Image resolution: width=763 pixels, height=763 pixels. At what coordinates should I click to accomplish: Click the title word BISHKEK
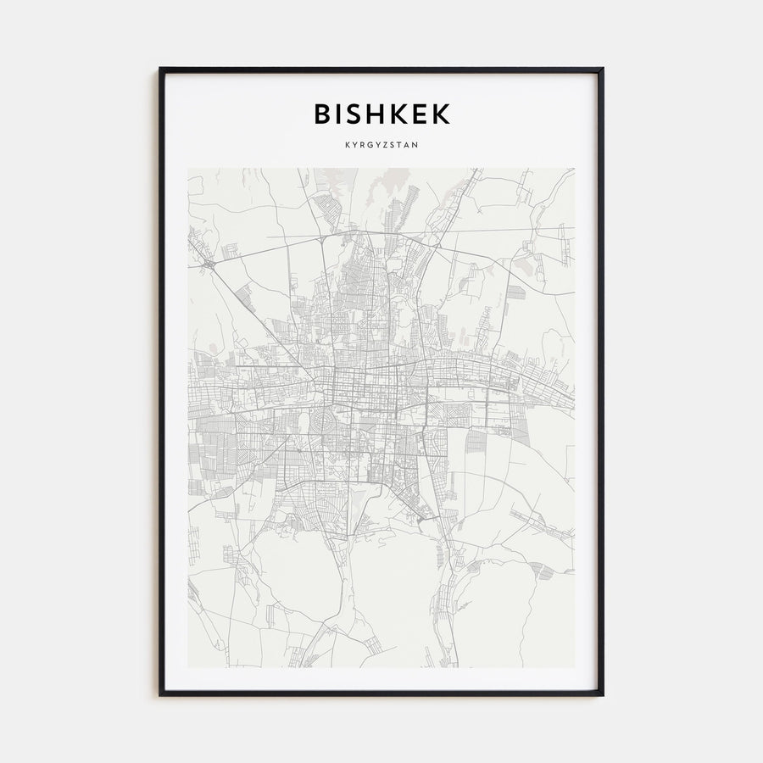381,114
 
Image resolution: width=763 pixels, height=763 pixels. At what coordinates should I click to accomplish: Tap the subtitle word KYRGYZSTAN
381,145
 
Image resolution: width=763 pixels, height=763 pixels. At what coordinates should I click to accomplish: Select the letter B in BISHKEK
324,114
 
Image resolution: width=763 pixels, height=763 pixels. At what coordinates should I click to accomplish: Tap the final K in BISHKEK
443,114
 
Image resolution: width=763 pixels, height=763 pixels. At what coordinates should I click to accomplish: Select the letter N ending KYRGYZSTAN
415,145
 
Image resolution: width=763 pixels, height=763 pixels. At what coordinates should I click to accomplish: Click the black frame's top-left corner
160,69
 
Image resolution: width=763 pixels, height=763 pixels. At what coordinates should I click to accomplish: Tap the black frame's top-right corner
602,69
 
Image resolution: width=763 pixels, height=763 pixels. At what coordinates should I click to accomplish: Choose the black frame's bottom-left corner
160,694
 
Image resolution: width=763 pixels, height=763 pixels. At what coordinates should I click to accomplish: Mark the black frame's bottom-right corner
602,694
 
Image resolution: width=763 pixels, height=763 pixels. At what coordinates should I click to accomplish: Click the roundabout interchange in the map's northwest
209,265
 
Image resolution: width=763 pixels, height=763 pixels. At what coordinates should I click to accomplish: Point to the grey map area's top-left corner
188,169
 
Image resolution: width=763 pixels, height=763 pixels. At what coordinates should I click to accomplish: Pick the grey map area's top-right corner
574,169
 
